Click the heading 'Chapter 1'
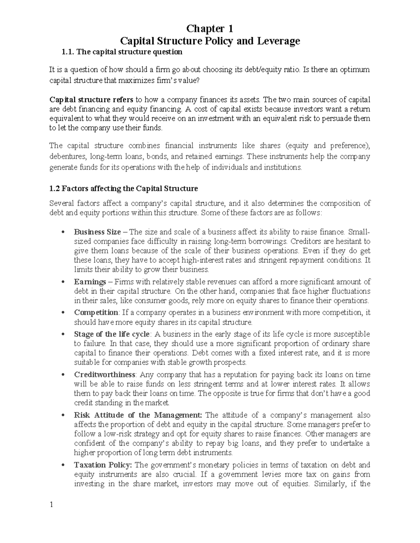point(210,28)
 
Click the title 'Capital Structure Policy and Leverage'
point(210,41)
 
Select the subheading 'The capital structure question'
point(129,52)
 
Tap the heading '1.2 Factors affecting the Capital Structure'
point(124,188)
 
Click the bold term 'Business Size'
point(97,232)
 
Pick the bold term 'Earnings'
point(90,282)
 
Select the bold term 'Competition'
point(96,312)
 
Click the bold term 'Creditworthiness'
point(105,374)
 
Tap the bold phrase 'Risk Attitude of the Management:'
point(138,415)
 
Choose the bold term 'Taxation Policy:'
point(103,465)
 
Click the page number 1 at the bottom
point(51,505)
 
